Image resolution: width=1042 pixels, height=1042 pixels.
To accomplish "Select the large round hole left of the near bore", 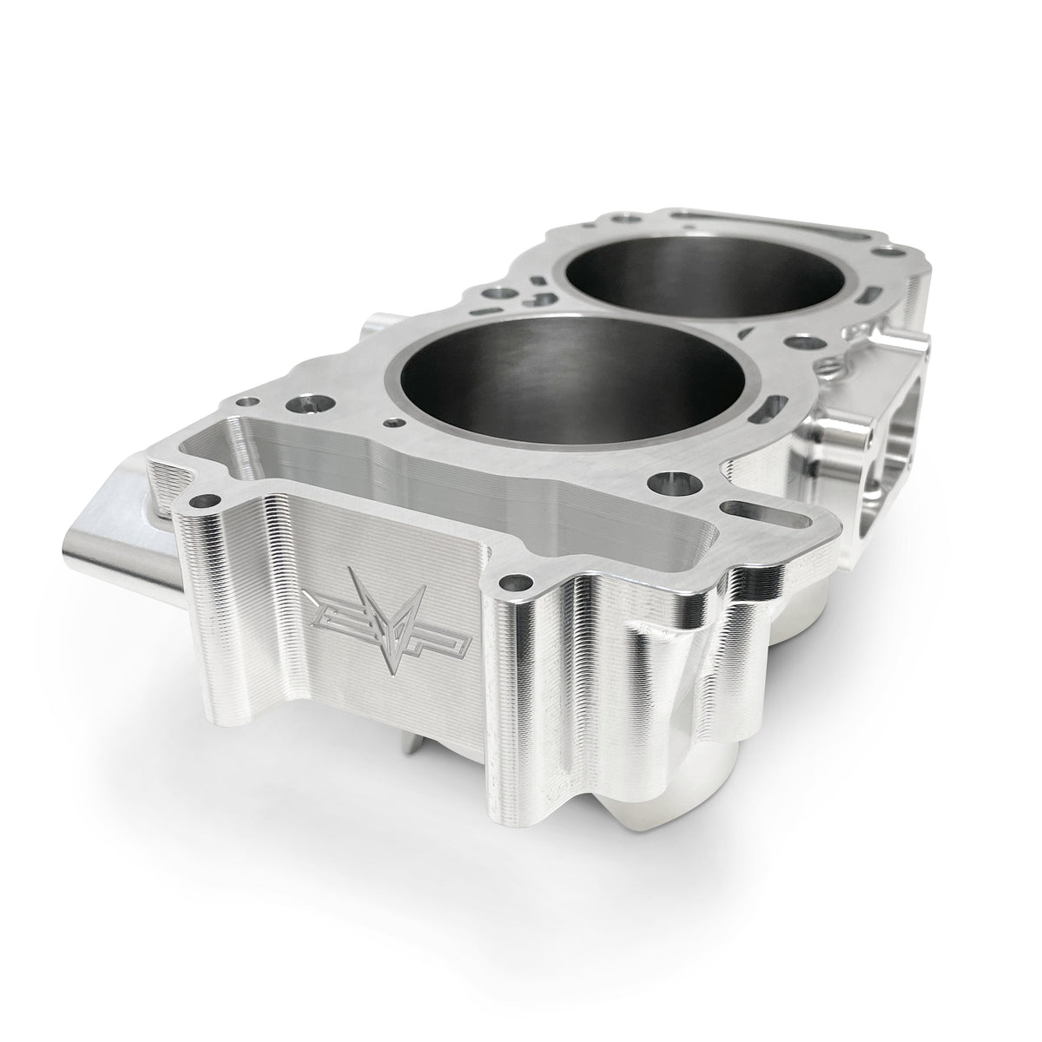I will (307, 404).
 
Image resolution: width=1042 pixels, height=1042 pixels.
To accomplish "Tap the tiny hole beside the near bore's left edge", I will (397, 423).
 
